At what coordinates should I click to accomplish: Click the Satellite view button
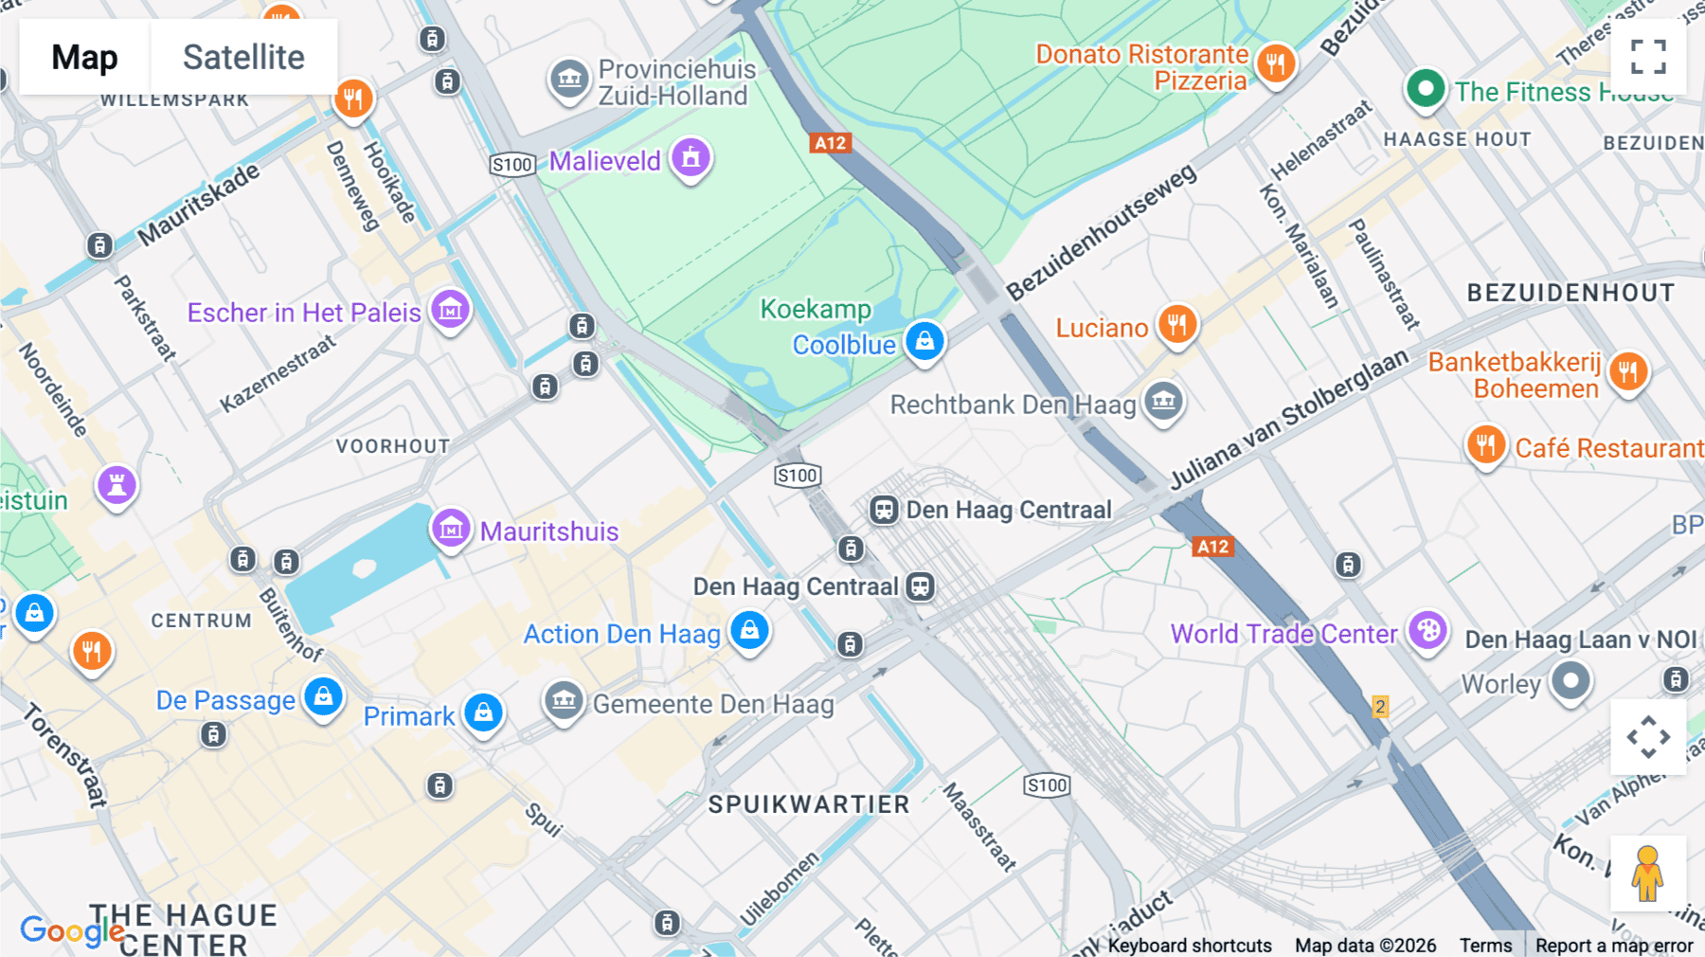coord(243,57)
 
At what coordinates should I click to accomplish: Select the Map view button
coord(84,57)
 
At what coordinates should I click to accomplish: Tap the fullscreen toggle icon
coord(1647,57)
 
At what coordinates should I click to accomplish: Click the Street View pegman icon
coord(1647,873)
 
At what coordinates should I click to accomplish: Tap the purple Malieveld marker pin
coord(691,158)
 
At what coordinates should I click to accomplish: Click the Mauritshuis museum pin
coord(451,529)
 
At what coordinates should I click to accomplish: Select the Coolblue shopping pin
coord(924,341)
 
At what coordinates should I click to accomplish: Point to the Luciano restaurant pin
coord(1176,325)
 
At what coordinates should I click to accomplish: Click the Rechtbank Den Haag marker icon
coord(1163,402)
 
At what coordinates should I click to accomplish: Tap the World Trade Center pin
coord(1427,631)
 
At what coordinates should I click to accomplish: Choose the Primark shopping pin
coord(483,713)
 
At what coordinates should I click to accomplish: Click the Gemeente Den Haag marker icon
coord(564,702)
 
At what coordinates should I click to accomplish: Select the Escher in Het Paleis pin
coord(450,310)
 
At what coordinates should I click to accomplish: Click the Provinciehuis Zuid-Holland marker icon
coord(569,80)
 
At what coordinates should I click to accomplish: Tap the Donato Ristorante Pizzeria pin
coord(1275,64)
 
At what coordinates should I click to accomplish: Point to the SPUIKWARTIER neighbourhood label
coord(809,804)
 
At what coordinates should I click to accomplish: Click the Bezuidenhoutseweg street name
coord(1101,233)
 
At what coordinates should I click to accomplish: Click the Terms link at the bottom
coord(1484,946)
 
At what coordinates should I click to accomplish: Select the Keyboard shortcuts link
coord(1189,946)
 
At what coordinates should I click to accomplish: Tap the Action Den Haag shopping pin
coord(749,630)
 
